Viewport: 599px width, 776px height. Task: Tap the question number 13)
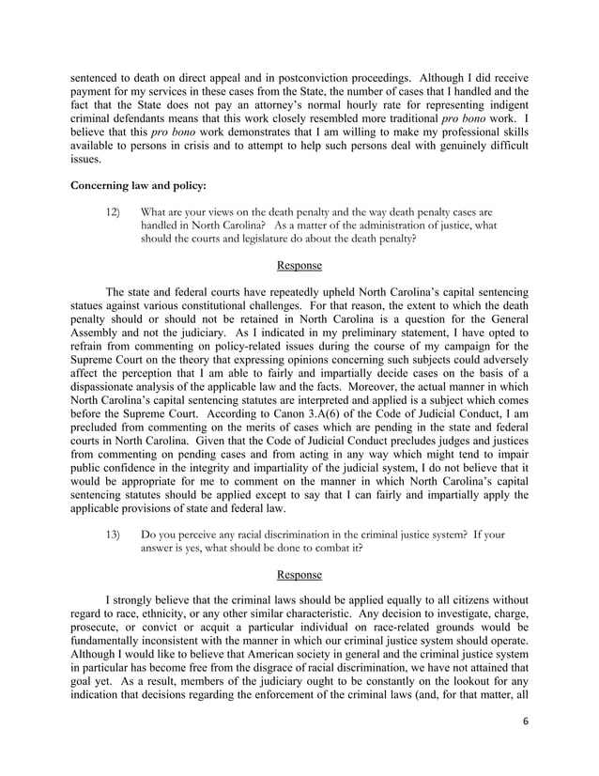[x=117, y=535]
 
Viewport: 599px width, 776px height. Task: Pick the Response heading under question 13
[x=299, y=574]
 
